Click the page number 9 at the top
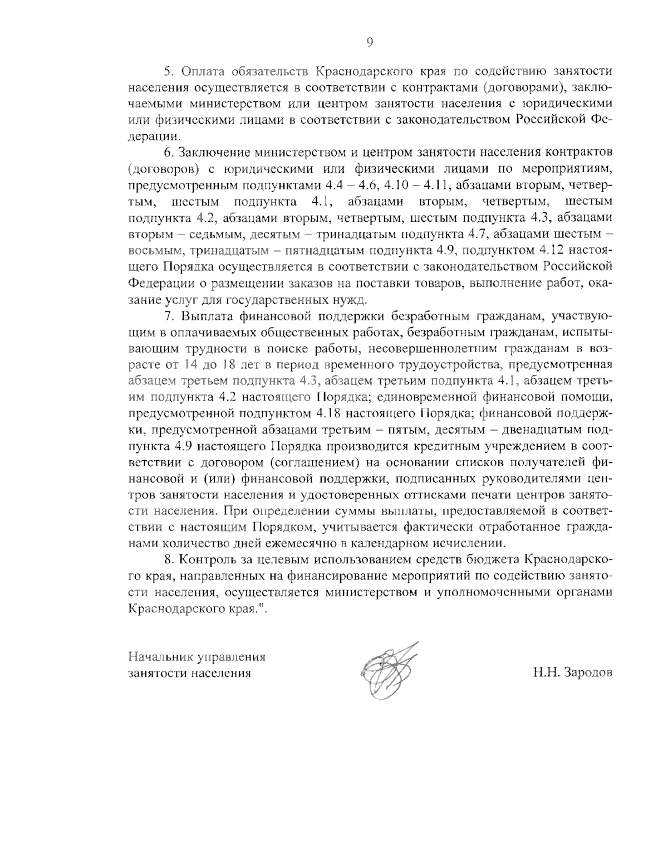369,42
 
